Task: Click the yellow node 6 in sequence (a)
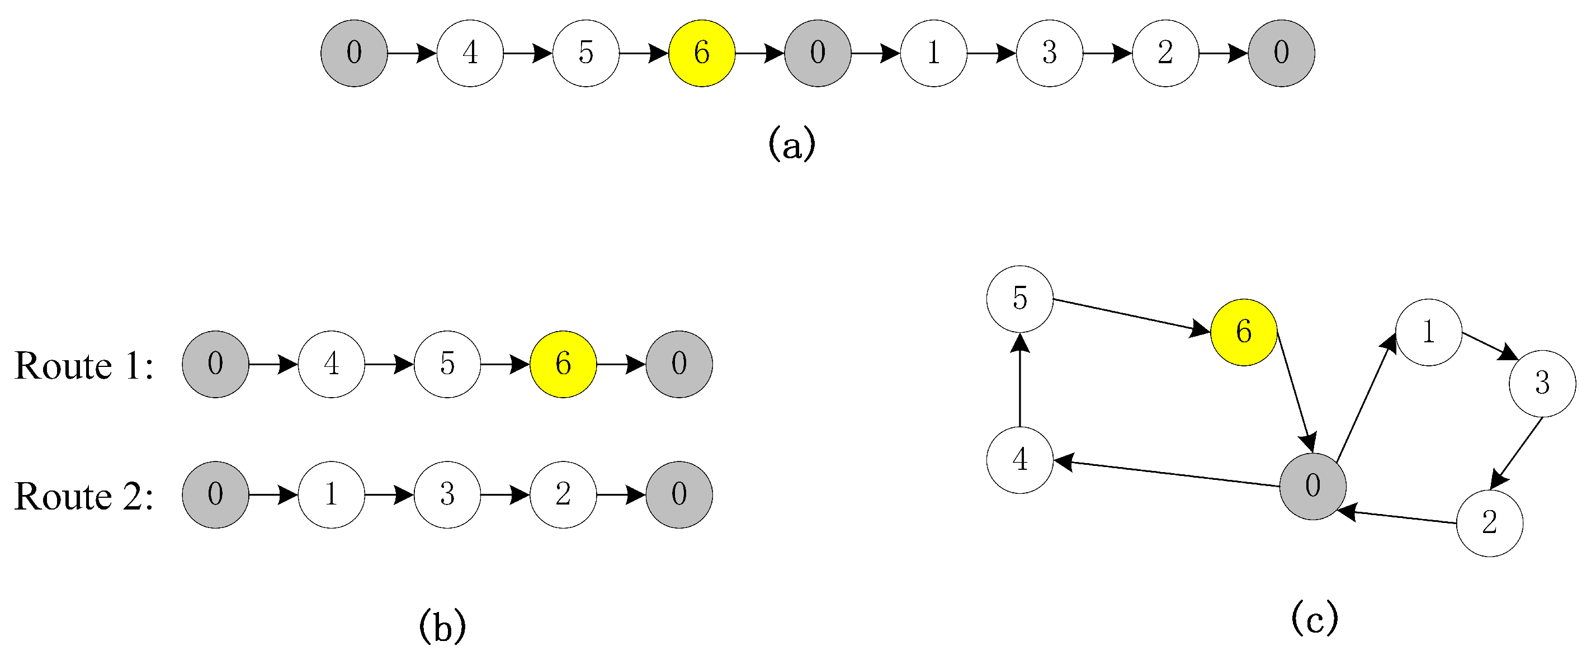tap(701, 53)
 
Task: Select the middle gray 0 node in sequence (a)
tap(817, 53)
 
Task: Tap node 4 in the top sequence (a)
tap(470, 53)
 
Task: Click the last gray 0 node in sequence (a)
tap(1281, 53)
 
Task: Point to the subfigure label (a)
tap(791, 144)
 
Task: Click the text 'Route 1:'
tap(84, 366)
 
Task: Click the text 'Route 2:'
tap(84, 496)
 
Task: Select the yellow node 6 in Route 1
tap(563, 364)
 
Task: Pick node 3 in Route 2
tap(447, 494)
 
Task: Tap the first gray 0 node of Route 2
tap(215, 494)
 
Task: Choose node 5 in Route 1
tap(447, 364)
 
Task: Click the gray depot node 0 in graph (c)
tap(1312, 486)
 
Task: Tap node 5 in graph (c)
tap(1019, 299)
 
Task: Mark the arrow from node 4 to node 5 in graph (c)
tap(1019, 381)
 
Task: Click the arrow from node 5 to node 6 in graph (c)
tap(1131, 316)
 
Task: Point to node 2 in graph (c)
tap(1489, 523)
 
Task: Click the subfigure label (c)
tap(1314, 618)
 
